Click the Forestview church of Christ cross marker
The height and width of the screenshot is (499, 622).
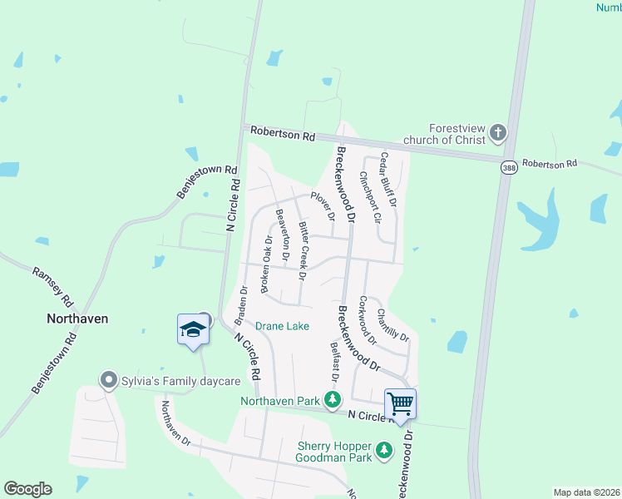497,132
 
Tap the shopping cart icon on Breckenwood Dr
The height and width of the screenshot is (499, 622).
401,404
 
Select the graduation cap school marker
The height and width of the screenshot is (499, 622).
193,329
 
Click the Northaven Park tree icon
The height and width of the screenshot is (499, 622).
333,400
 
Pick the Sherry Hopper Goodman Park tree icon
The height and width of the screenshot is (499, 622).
383,451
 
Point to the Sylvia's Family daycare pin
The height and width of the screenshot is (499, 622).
108,381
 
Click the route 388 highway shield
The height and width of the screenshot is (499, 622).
508,168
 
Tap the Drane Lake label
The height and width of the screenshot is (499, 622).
282,326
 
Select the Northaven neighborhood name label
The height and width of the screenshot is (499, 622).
77,319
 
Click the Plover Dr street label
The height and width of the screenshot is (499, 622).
323,205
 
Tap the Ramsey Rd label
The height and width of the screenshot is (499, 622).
51,287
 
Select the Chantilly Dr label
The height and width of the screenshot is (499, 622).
392,324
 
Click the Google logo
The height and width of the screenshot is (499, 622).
27,489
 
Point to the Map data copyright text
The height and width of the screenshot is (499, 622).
585,492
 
